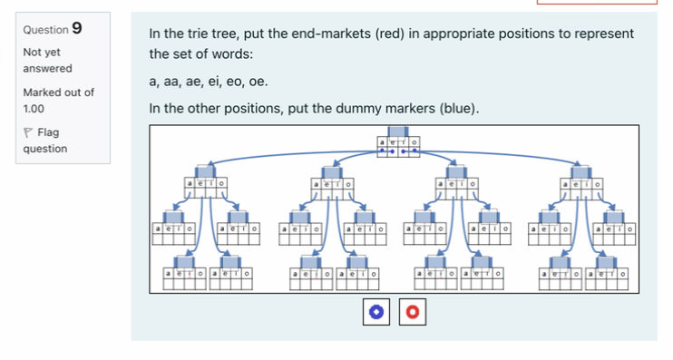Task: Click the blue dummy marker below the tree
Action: pyautogui.click(x=375, y=313)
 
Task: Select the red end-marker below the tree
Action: pyautogui.click(x=412, y=313)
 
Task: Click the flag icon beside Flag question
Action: pyautogui.click(x=28, y=133)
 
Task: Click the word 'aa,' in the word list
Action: pyautogui.click(x=172, y=83)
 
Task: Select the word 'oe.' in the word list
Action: pyautogui.click(x=258, y=83)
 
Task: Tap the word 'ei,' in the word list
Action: pyautogui.click(x=214, y=83)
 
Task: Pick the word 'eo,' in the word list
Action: pyautogui.click(x=235, y=83)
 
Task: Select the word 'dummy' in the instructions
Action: pyautogui.click(x=365, y=109)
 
